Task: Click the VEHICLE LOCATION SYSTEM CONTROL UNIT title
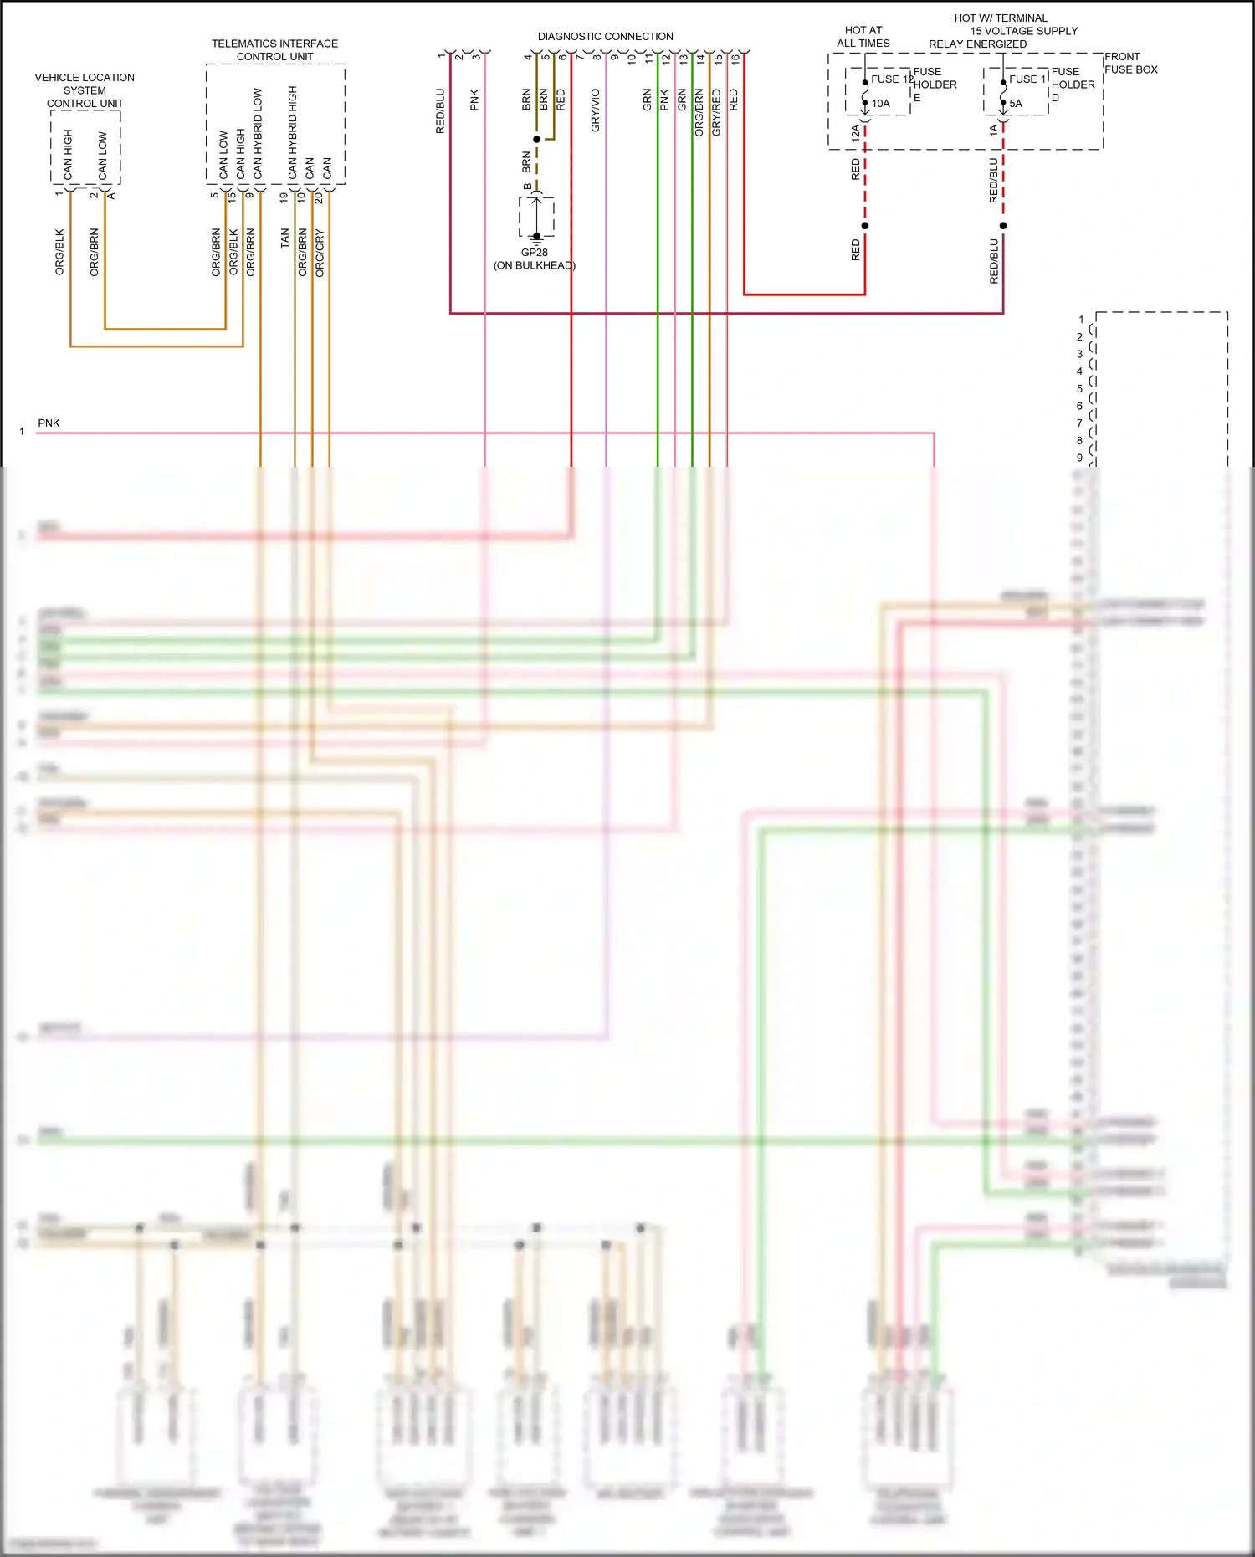85,90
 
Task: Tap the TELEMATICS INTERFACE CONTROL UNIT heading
274,50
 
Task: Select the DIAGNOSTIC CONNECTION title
605,37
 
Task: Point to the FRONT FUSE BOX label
1130,63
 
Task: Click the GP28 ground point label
534,252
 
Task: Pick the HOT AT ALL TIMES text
863,37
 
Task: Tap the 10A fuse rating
881,104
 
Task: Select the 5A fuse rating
1016,104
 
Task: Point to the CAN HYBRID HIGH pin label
292,132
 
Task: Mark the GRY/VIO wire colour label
596,110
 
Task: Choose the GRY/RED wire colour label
716,112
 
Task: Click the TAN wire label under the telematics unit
284,238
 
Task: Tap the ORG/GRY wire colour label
320,252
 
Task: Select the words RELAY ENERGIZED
977,44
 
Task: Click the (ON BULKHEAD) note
535,265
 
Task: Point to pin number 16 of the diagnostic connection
735,59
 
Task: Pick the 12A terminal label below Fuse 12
855,132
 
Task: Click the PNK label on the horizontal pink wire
49,423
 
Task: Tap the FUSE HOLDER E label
935,85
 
